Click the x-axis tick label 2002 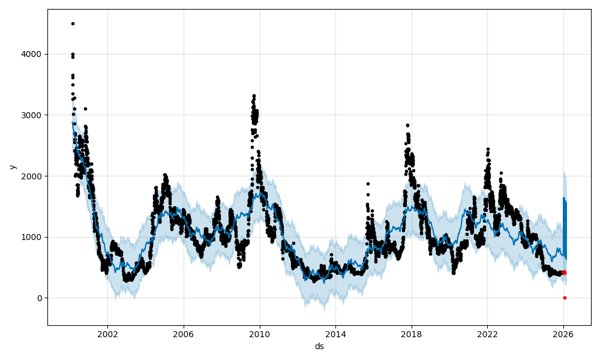(x=108, y=334)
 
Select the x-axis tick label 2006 (x=184, y=334)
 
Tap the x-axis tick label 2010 (x=260, y=334)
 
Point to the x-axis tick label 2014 (x=335, y=334)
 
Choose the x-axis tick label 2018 (x=412, y=334)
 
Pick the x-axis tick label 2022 (x=487, y=334)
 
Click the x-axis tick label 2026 (x=563, y=334)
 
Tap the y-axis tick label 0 (x=40, y=298)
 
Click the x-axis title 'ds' (x=319, y=346)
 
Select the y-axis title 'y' (x=11, y=167)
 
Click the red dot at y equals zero (x=565, y=298)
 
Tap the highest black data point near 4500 (x=73, y=23)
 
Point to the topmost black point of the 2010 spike (x=254, y=95)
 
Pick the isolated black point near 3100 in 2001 (x=85, y=109)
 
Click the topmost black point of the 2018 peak (x=407, y=125)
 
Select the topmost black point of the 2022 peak (x=488, y=149)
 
